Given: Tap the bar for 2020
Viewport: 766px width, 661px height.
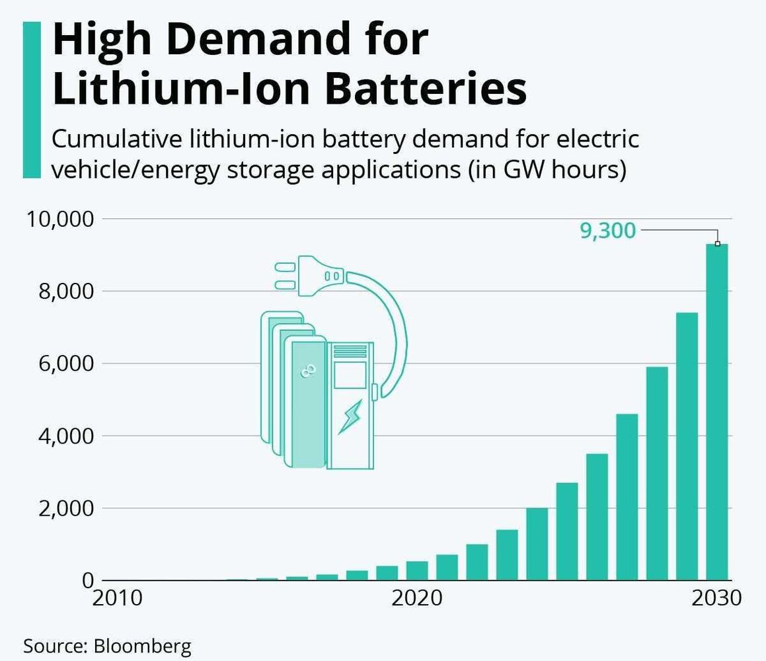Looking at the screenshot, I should coord(417,570).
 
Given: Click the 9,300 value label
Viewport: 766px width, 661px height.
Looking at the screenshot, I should coord(607,231).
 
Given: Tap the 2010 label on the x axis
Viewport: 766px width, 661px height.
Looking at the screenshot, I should coord(117,598).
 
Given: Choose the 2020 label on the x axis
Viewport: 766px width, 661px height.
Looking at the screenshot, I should coord(417,598).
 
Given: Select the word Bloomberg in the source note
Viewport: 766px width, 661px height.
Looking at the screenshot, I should coord(142,645).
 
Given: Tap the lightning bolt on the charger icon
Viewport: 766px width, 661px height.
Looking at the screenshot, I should coord(350,417).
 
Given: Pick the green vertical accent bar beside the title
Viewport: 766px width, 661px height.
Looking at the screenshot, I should coord(32,99).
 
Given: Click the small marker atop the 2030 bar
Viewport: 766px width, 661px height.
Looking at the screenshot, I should coord(717,243).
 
